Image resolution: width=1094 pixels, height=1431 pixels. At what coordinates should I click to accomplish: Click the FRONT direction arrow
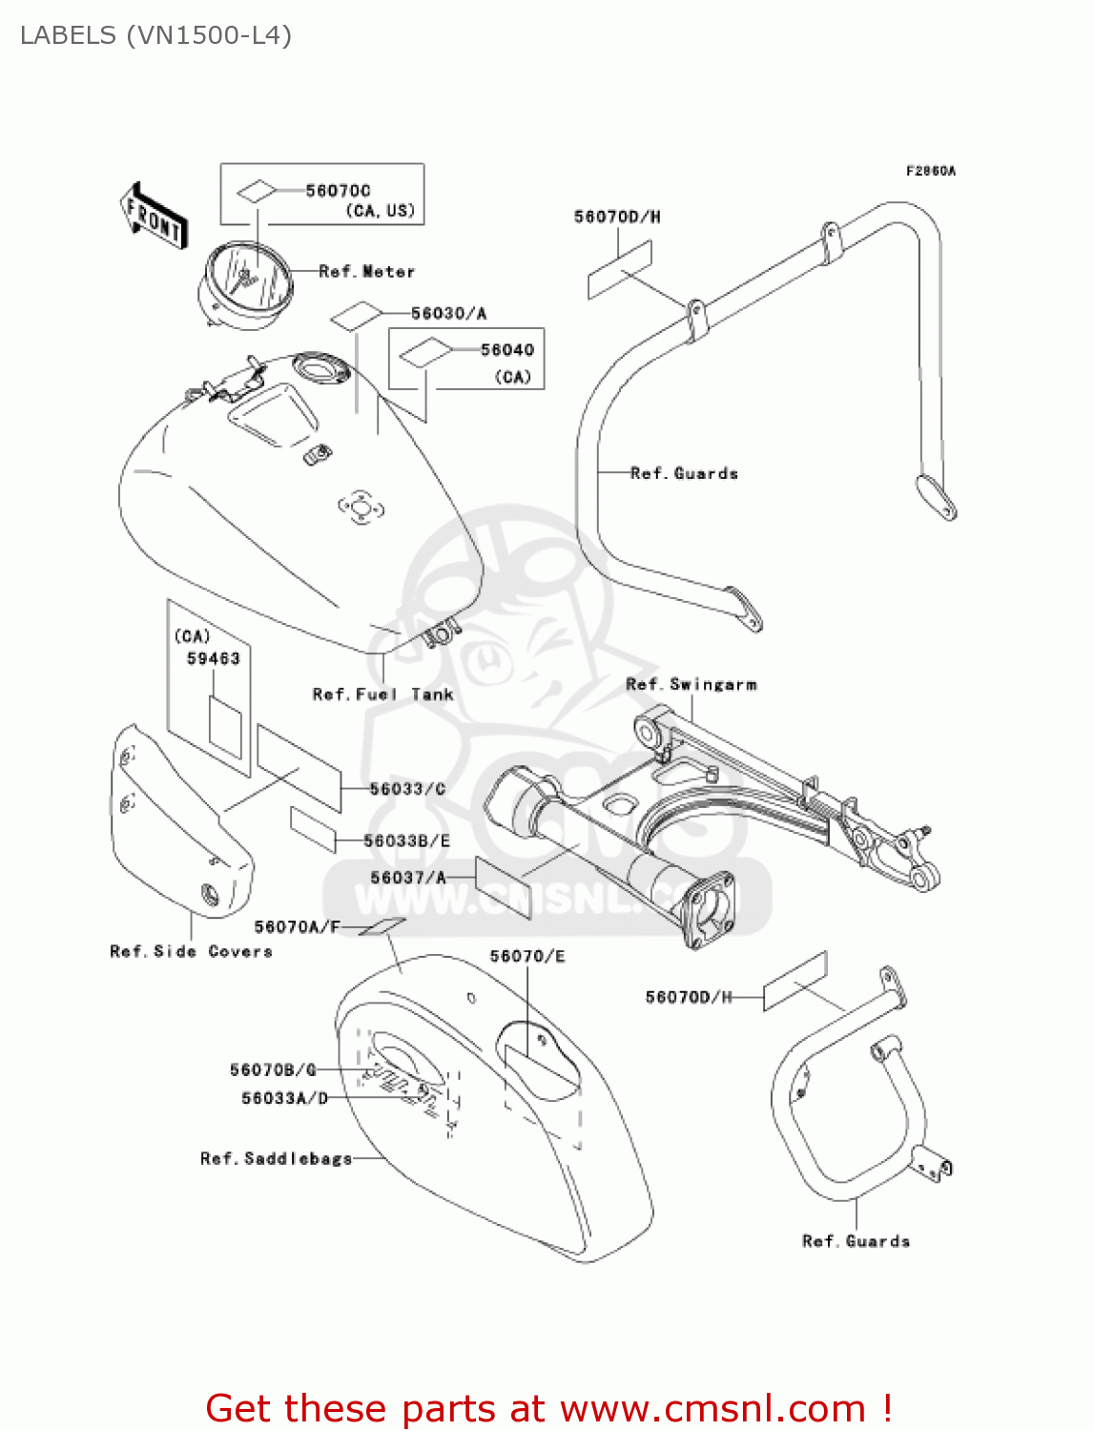tap(153, 216)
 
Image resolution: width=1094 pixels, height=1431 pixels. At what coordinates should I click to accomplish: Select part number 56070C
tap(338, 191)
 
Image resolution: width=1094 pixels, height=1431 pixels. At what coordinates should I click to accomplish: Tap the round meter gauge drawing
tap(244, 279)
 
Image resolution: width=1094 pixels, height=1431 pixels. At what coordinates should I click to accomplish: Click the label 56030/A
tap(448, 313)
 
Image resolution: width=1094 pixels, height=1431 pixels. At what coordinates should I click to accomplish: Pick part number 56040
tap(507, 350)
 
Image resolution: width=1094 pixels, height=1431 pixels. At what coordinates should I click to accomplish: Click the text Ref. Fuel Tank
tap(382, 695)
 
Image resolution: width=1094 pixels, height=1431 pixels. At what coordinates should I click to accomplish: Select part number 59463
tap(213, 658)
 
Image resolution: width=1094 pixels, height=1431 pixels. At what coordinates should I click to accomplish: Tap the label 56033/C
tap(407, 789)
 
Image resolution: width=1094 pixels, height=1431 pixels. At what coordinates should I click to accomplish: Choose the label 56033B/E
tap(406, 840)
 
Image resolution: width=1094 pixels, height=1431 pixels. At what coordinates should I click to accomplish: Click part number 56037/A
tap(407, 878)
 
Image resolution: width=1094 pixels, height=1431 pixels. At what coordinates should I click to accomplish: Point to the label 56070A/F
tap(297, 926)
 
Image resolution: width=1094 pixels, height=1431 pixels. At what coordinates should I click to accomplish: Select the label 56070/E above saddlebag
tap(526, 956)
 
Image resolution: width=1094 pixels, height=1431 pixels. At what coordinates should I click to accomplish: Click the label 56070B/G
tap(273, 1069)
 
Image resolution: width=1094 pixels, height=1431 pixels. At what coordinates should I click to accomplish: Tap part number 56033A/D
tap(284, 1098)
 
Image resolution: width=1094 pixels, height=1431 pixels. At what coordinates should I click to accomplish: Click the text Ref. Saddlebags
tap(276, 1158)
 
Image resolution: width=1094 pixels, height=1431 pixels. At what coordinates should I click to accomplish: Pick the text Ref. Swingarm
tap(691, 684)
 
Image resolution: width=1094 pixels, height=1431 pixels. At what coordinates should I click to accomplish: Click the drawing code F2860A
tap(930, 171)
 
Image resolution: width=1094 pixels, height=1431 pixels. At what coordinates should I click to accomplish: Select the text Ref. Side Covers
tap(191, 951)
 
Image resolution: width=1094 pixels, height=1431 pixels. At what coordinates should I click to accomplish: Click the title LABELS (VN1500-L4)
tap(155, 35)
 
